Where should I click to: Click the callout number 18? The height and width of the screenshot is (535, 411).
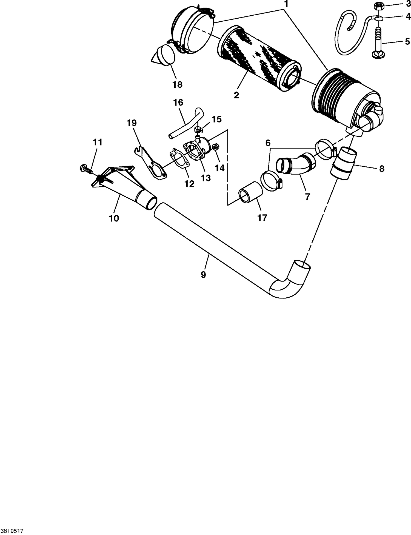point(177,84)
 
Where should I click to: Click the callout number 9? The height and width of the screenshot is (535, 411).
point(203,274)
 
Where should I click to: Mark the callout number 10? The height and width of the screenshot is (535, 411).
point(114,218)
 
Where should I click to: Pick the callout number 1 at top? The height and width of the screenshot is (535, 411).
point(286,4)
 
